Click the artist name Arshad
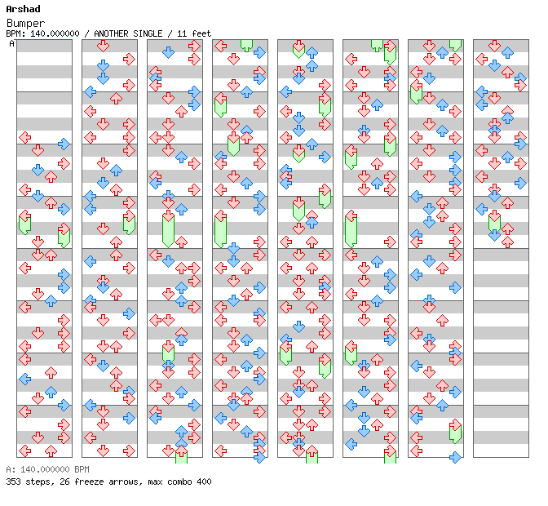23,9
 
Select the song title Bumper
25,23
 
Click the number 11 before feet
182,33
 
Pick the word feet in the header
201,33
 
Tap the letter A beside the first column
12,44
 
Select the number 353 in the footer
13,482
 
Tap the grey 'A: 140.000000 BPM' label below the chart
47,469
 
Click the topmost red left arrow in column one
24,137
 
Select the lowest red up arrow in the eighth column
507,242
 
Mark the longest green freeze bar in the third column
169,231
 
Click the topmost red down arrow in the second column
103,46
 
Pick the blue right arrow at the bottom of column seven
455,457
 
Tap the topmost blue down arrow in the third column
169,52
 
